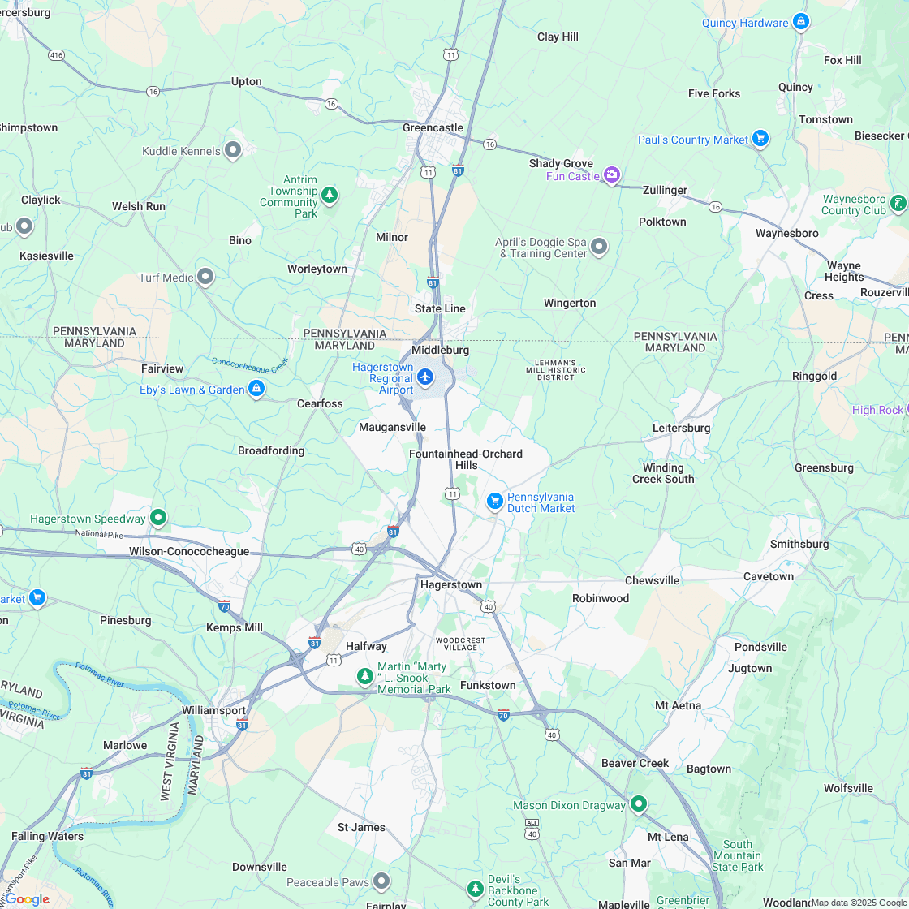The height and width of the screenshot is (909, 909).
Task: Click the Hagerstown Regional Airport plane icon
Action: point(425,377)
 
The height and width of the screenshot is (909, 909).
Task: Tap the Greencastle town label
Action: point(433,127)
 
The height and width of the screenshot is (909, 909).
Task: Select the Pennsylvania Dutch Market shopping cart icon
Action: point(494,502)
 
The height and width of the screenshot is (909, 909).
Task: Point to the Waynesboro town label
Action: point(786,233)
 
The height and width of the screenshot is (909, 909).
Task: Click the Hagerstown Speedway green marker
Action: point(158,517)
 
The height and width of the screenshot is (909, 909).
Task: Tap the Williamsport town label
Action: point(213,710)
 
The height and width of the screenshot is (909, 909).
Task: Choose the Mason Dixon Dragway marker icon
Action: point(639,803)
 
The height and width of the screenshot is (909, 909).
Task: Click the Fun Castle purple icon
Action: point(612,174)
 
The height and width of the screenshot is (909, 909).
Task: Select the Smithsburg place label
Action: point(799,544)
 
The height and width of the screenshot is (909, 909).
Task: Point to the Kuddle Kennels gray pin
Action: point(233,149)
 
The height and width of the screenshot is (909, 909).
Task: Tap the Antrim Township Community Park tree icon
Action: point(329,195)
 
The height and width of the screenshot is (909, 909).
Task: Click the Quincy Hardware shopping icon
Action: point(801,21)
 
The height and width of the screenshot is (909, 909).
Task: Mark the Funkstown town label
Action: point(488,685)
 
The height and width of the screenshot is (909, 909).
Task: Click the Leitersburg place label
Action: point(681,428)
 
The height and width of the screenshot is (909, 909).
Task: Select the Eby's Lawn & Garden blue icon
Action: point(256,389)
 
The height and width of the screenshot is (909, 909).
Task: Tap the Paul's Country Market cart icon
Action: point(760,139)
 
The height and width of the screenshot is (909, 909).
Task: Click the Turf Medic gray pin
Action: point(205,277)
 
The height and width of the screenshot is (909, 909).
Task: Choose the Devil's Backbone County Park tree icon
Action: point(476,889)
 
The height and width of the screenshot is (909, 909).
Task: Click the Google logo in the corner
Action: point(27,898)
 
